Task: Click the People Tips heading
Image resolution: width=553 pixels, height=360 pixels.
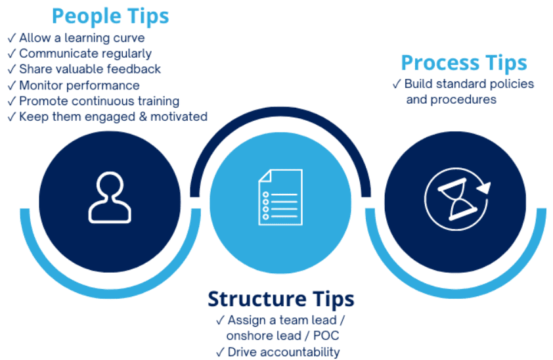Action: (x=110, y=16)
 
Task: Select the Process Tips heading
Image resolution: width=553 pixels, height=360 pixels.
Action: (x=464, y=63)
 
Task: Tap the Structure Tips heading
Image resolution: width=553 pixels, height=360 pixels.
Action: (x=280, y=299)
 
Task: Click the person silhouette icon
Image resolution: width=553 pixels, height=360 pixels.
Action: (x=110, y=196)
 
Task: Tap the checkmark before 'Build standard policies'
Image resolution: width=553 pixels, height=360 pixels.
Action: (x=396, y=84)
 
